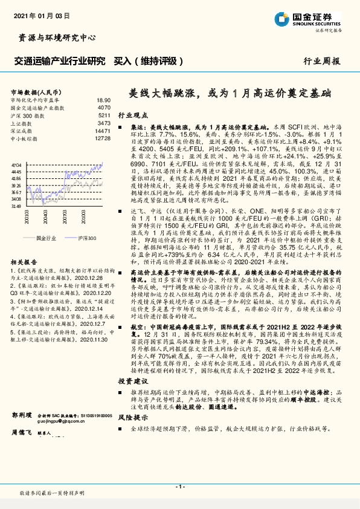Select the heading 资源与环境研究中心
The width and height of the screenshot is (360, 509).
pos(54,37)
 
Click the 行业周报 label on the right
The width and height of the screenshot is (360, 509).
pos(321,61)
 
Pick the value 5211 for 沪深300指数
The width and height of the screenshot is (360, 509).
pos(104,114)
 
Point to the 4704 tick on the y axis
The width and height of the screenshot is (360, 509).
pos(16,164)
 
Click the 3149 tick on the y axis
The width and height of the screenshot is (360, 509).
pos(16,206)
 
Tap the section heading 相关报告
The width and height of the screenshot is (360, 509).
pos(25,262)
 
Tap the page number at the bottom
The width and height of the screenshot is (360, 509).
pos(179,485)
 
